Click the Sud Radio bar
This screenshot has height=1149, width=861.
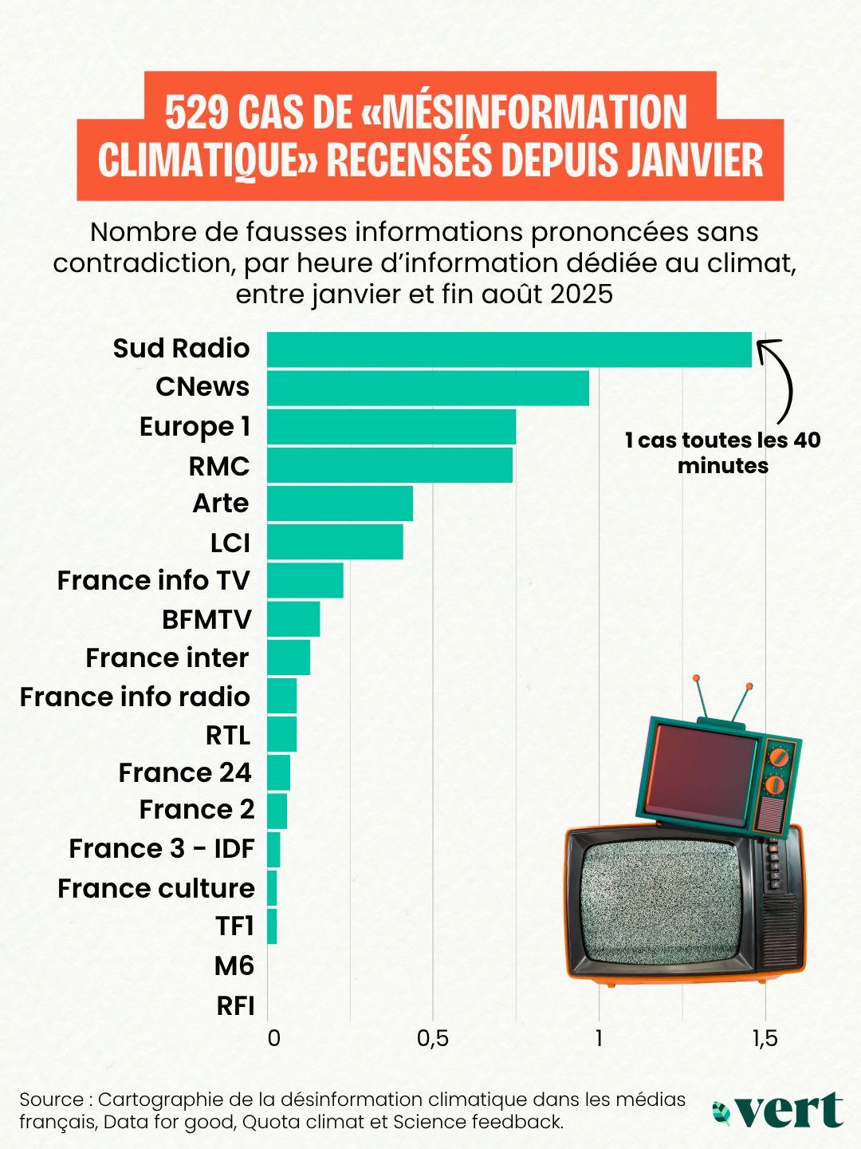click(x=509, y=349)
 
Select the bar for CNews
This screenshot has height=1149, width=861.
click(x=427, y=388)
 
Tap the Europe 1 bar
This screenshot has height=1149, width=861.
click(x=391, y=426)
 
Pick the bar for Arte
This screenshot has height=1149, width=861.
click(x=340, y=503)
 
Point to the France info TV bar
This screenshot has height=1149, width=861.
click(x=305, y=580)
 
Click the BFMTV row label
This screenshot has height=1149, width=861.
click(x=206, y=619)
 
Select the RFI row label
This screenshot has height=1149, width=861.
click(x=235, y=1006)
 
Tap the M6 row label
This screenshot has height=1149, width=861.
click(x=234, y=966)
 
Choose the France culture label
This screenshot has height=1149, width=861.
click(x=156, y=888)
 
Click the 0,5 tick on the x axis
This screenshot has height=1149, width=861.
click(x=433, y=1038)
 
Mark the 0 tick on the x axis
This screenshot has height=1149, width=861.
click(x=273, y=1038)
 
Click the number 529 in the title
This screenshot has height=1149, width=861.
click(x=197, y=113)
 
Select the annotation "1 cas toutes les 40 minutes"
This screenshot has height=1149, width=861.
click(x=722, y=452)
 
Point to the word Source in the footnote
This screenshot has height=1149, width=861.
click(x=51, y=1100)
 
